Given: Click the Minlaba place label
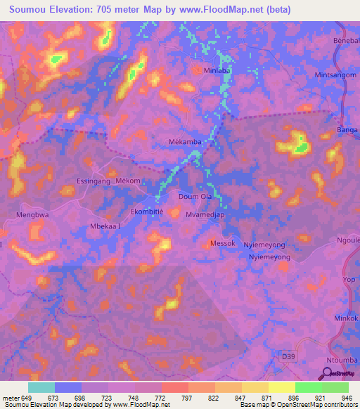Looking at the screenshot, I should coord(214,71).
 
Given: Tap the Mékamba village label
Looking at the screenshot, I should coord(186,141).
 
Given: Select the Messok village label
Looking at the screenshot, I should coord(222,243).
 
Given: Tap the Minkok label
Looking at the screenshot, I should coord(345,318).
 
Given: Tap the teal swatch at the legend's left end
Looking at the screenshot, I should coord(41,387).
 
